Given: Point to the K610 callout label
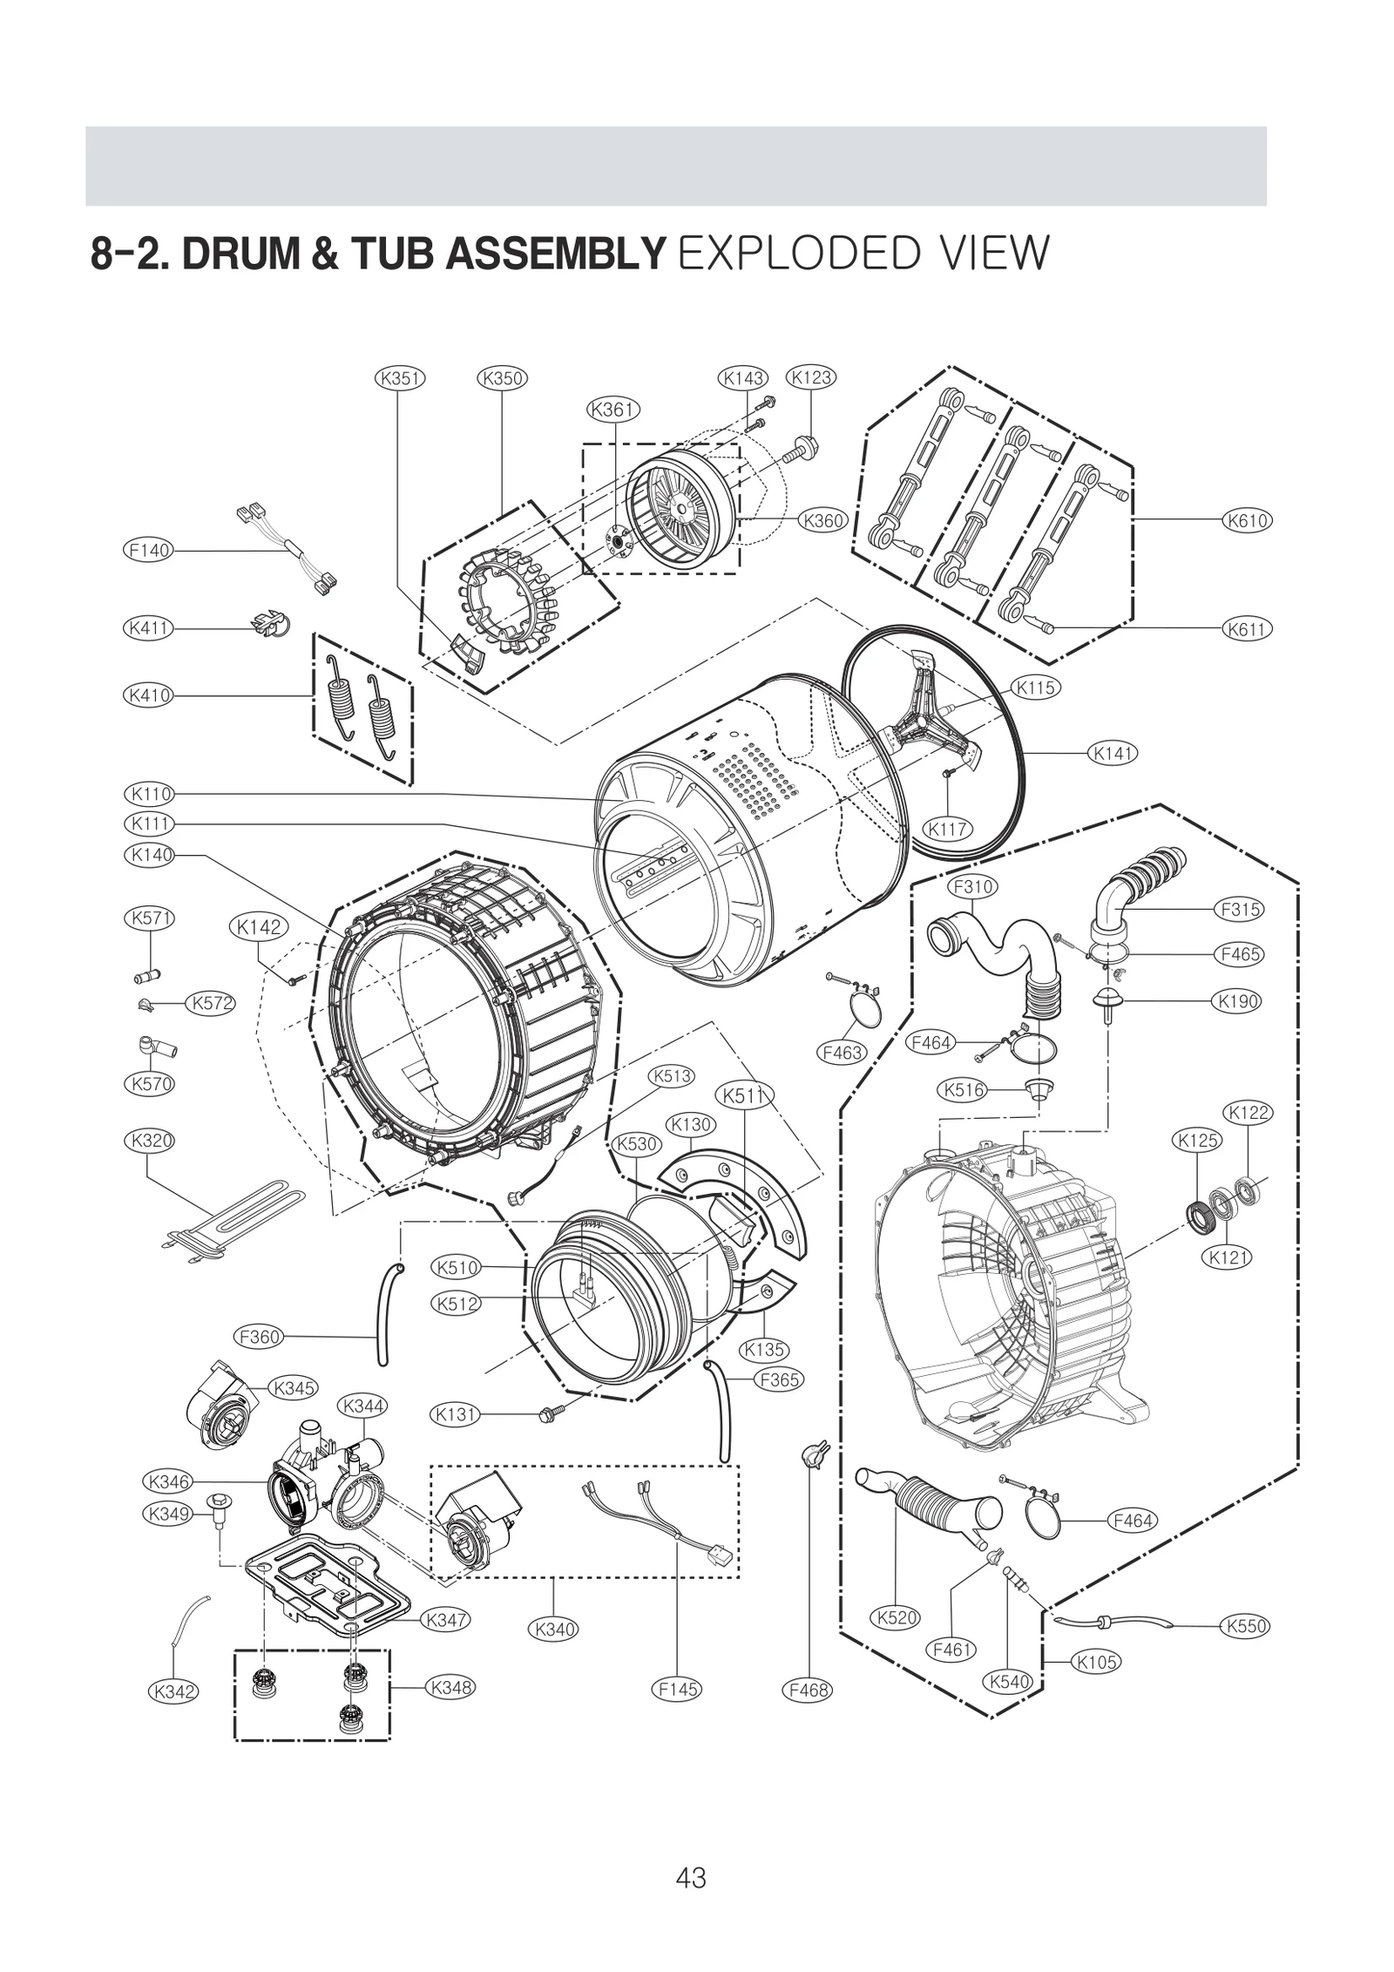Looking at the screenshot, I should pyautogui.click(x=1247, y=521).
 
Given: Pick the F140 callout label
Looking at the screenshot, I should pyautogui.click(x=148, y=551).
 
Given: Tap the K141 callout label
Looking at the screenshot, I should pyautogui.click(x=1113, y=752).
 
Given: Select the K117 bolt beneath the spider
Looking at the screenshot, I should pyautogui.click(x=949, y=775).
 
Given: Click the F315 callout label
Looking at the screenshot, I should pyautogui.click(x=1240, y=909).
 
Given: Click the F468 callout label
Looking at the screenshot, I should pyautogui.click(x=808, y=1690).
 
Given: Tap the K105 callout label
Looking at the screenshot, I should pyautogui.click(x=1096, y=1662).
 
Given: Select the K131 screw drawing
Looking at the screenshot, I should pyautogui.click(x=553, y=1412).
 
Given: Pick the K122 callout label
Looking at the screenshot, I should pyautogui.click(x=1249, y=1113).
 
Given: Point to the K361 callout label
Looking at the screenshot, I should pyautogui.click(x=614, y=410).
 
